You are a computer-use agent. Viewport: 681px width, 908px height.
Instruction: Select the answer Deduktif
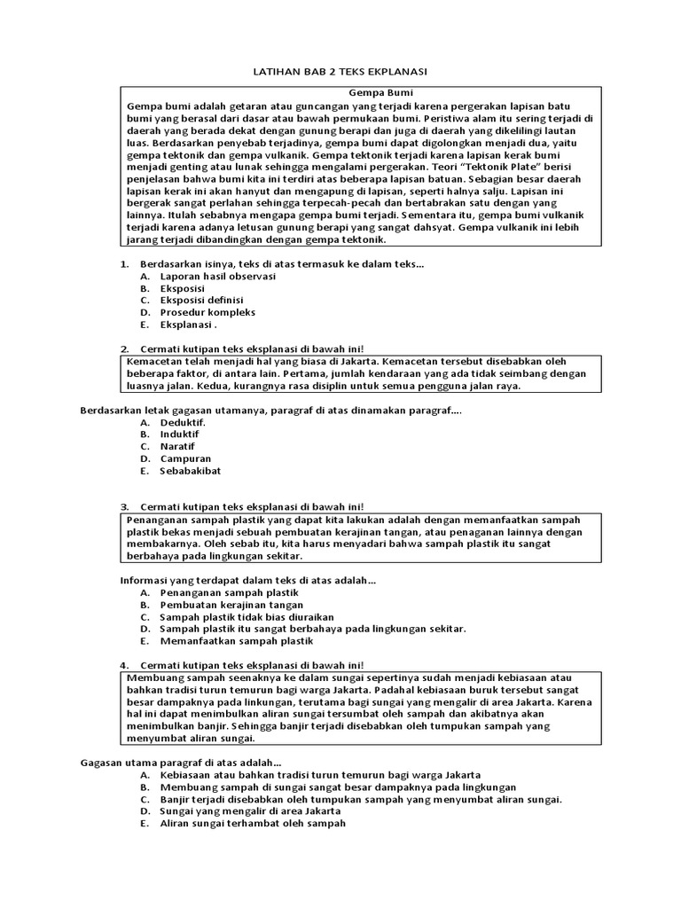(x=183, y=422)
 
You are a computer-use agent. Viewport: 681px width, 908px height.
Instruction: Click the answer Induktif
(x=180, y=434)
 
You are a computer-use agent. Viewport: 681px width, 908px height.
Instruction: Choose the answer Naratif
(x=177, y=447)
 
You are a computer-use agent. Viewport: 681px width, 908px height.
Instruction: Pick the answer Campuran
(x=185, y=459)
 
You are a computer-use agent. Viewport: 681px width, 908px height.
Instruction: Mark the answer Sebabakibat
(x=191, y=471)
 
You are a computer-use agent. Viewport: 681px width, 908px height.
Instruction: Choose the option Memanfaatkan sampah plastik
(x=237, y=640)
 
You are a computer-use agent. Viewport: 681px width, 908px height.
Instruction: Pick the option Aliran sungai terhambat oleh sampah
(x=253, y=823)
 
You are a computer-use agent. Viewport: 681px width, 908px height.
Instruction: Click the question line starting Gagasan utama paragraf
(x=181, y=762)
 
